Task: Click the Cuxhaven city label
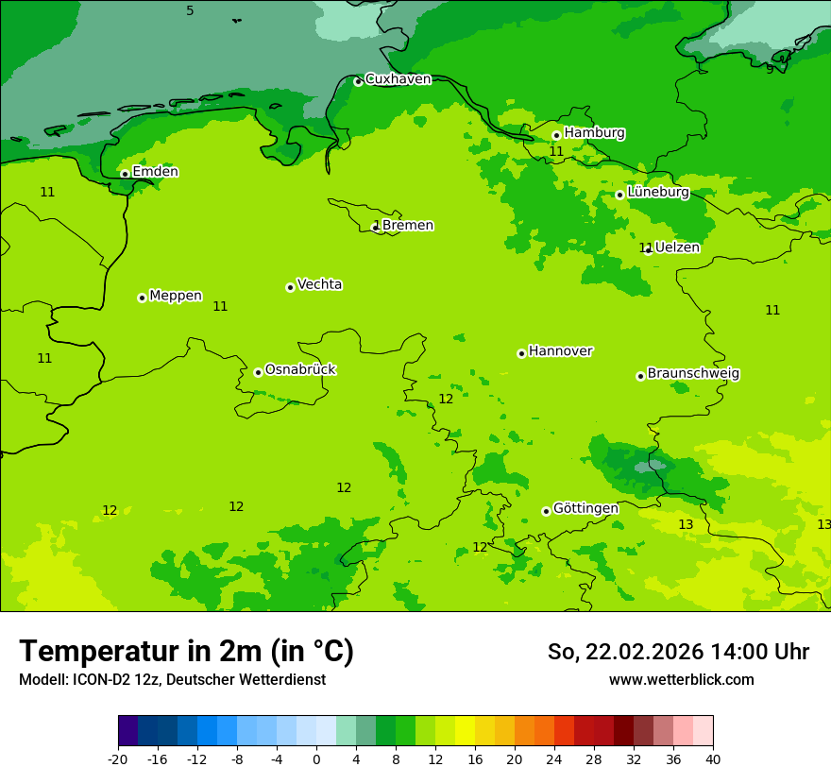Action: click(x=398, y=79)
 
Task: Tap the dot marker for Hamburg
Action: click(x=556, y=135)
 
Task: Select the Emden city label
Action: click(x=155, y=172)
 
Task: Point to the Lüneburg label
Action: click(x=657, y=192)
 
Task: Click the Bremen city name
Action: click(x=408, y=226)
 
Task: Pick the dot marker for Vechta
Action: click(x=290, y=287)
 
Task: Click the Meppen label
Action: click(x=175, y=296)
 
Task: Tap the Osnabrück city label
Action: click(x=300, y=369)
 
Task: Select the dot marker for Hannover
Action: click(x=521, y=353)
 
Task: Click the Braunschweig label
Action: click(x=693, y=373)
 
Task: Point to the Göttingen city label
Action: click(x=585, y=508)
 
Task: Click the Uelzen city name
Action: click(x=677, y=247)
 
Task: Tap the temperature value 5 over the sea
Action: click(x=190, y=11)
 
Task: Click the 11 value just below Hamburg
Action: click(x=556, y=151)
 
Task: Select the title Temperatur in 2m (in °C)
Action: click(x=186, y=652)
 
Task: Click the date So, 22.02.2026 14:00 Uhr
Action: click(x=678, y=652)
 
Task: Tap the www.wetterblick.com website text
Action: click(x=681, y=680)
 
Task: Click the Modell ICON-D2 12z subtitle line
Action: click(x=172, y=680)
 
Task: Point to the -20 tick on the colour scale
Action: click(x=118, y=759)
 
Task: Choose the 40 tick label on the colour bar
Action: click(x=713, y=759)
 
